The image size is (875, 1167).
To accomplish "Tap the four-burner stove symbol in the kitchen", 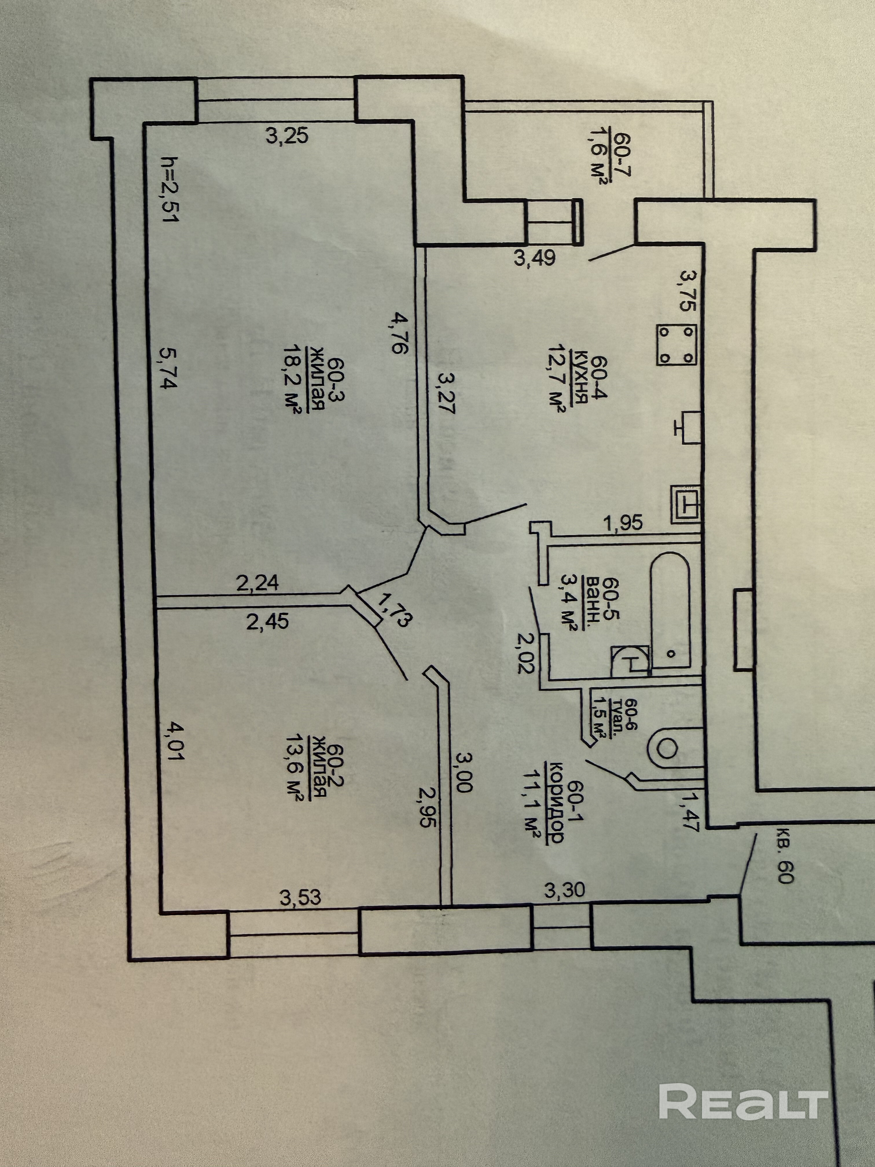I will (x=676, y=344).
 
